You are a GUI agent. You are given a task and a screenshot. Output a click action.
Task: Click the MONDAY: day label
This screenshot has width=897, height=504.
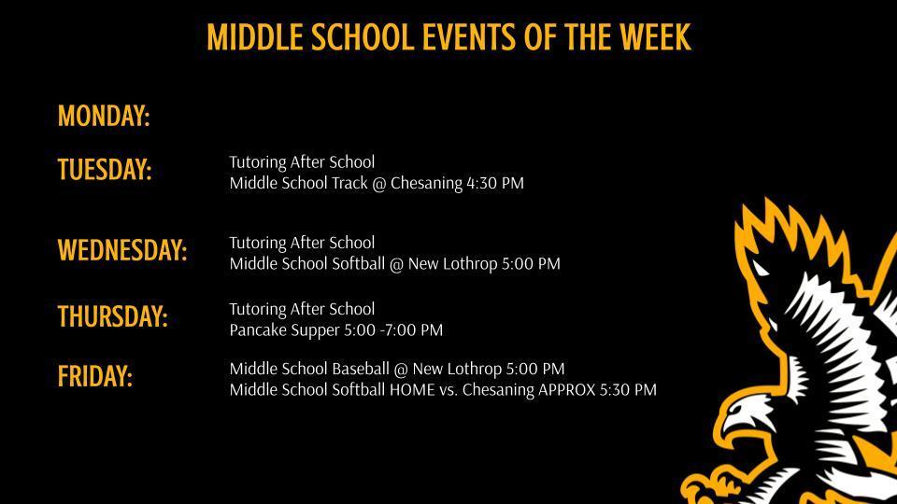tap(104, 117)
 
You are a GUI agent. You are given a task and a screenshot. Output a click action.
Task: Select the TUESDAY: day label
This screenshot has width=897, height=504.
tap(105, 170)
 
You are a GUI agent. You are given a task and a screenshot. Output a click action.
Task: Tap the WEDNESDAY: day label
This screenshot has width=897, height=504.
tap(122, 250)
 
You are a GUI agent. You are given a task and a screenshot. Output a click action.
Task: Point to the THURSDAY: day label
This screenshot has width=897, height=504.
tap(113, 316)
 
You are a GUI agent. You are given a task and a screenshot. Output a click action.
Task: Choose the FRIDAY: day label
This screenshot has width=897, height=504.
tap(95, 376)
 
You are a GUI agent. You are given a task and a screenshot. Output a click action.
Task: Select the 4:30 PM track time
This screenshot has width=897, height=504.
tap(494, 183)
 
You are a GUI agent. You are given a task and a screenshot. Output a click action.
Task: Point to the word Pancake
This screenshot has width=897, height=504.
tap(255, 329)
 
